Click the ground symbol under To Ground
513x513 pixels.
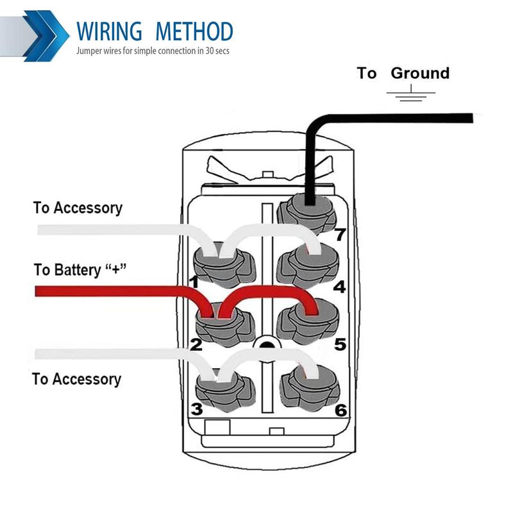[x=410, y=96]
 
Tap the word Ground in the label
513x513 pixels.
[x=420, y=73]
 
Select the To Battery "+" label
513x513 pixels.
[x=80, y=270]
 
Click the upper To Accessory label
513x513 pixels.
[x=78, y=208]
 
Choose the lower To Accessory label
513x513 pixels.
[x=76, y=379]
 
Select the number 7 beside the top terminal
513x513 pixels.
[x=339, y=235]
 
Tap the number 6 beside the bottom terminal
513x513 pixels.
[x=341, y=410]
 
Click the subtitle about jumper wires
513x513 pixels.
[x=153, y=50]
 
